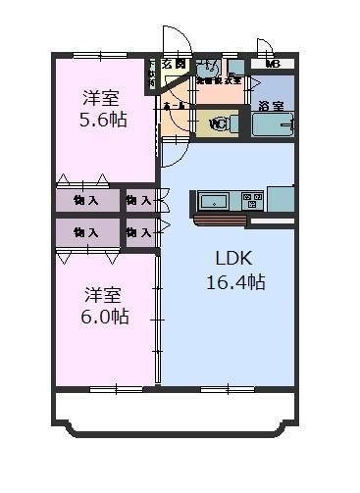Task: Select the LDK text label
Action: click(234, 260)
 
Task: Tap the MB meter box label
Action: click(273, 66)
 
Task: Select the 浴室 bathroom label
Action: click(271, 106)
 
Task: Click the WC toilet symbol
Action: click(219, 123)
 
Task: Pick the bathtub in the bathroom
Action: click(273, 125)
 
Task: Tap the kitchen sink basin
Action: click(212, 201)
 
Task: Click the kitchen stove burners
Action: click(253, 200)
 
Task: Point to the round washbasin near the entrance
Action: click(207, 70)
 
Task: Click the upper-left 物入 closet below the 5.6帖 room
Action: click(86, 200)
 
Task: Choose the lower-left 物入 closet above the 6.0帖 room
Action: click(86, 232)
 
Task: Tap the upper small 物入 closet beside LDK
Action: click(139, 200)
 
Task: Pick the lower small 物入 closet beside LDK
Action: click(139, 232)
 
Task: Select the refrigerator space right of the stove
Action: click(282, 199)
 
